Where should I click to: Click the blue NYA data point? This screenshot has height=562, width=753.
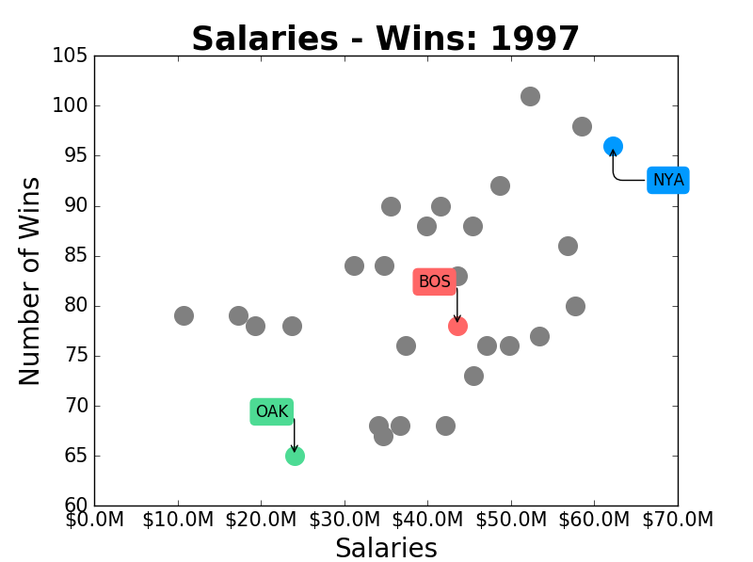pyautogui.click(x=613, y=146)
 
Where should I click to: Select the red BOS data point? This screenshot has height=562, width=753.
pyautogui.click(x=457, y=326)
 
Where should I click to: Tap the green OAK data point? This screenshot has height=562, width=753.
pyautogui.click(x=295, y=456)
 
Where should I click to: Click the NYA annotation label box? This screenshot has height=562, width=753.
pyautogui.click(x=668, y=180)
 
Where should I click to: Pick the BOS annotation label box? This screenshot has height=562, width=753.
pyautogui.click(x=435, y=281)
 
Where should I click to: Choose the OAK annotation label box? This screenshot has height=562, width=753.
pyautogui.click(x=272, y=411)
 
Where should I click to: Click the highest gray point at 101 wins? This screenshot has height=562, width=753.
pyautogui.click(x=530, y=96)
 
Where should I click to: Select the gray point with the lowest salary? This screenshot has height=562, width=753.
pyautogui.click(x=184, y=315)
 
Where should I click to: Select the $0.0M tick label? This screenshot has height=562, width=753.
pyautogui.click(x=94, y=520)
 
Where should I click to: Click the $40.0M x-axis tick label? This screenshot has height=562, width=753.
pyautogui.click(x=425, y=520)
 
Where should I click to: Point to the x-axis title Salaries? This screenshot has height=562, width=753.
pyautogui.click(x=386, y=548)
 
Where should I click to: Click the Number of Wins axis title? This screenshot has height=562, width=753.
pyautogui.click(x=30, y=281)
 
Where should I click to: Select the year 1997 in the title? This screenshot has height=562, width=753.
pyautogui.click(x=535, y=40)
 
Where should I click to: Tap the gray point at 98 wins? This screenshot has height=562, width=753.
pyautogui.click(x=582, y=126)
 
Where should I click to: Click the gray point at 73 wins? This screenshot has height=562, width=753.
pyautogui.click(x=473, y=376)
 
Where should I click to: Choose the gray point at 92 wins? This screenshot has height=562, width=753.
pyautogui.click(x=500, y=185)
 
